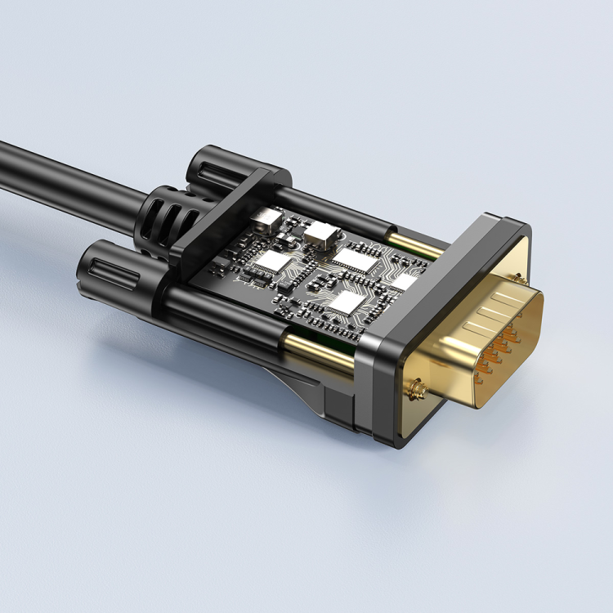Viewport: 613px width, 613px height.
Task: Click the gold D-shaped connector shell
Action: coord(482,343)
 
